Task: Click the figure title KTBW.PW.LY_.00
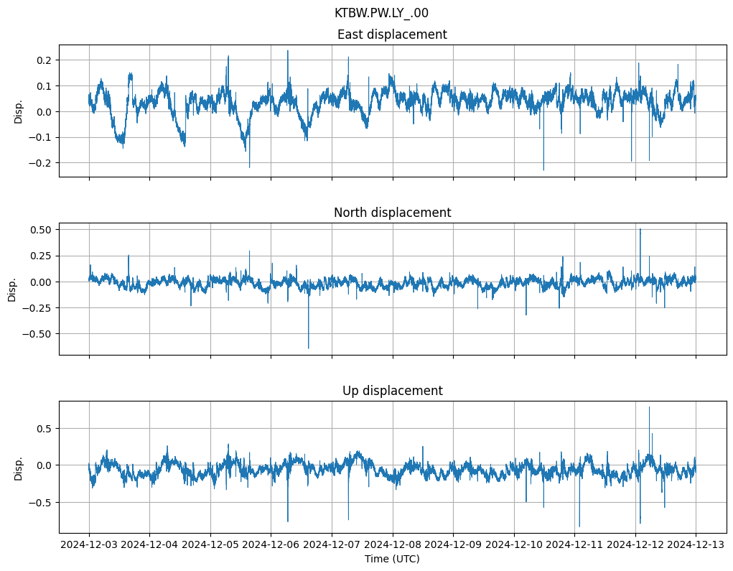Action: tap(381, 13)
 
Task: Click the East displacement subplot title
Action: tap(392, 34)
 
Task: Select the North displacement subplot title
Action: tap(392, 213)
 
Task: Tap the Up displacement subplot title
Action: tap(392, 391)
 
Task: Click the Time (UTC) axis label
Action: tap(392, 559)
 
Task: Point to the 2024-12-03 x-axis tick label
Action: tap(89, 544)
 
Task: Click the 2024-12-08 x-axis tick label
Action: tap(392, 544)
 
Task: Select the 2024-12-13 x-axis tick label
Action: tap(695, 544)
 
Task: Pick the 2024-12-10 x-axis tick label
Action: tap(513, 544)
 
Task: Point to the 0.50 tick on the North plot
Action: tap(40, 230)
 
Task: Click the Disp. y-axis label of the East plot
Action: tap(19, 111)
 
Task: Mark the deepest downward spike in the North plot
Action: tap(309, 348)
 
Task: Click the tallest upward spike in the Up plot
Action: tap(649, 407)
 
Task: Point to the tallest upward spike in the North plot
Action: tap(640, 229)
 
